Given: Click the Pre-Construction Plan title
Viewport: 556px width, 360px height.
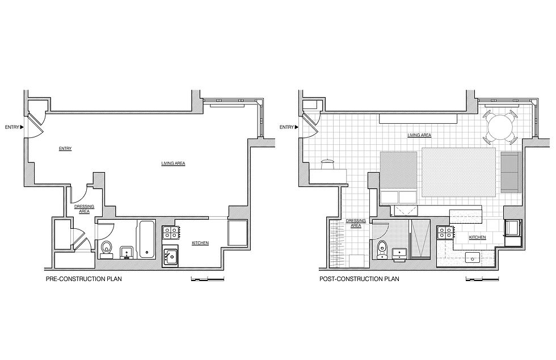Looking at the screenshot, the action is [84, 279].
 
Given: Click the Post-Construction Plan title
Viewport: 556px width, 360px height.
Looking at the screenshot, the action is [359, 279].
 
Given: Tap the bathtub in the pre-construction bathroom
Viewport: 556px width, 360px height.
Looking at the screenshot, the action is [146, 239].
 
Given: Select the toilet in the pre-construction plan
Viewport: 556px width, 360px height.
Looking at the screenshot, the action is [106, 249].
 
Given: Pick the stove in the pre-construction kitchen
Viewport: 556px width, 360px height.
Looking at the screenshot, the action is [171, 233].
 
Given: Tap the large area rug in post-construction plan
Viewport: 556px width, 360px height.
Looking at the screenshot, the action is [458, 172].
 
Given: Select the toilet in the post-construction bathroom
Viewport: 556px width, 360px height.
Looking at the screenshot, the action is [381, 249].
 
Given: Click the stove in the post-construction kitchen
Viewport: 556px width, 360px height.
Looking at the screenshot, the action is [445, 233].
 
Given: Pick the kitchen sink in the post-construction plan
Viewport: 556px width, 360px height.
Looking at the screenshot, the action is [473, 257].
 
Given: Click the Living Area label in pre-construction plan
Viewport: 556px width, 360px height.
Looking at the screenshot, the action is [173, 164].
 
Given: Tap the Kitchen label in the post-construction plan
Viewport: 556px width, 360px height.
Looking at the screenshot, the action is [477, 237].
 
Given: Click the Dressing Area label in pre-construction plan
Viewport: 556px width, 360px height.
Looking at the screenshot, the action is [84, 209].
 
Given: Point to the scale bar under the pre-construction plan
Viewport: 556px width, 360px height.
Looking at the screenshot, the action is [208, 279].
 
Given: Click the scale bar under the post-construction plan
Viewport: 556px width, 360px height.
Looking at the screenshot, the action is [482, 279].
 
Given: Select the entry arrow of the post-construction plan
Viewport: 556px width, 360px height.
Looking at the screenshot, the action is [296, 127].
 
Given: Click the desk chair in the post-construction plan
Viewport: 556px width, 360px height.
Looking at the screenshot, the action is [328, 164].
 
